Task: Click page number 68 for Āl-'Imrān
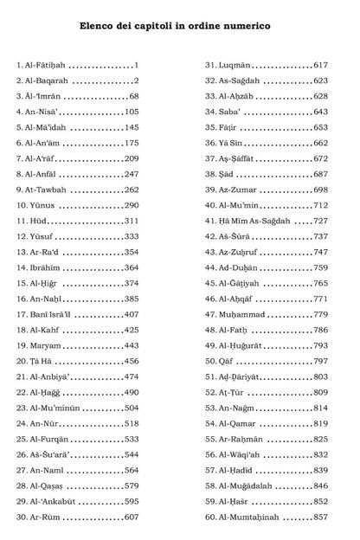[x=133, y=96]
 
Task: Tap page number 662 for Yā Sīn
[x=320, y=143]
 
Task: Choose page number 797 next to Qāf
[x=320, y=361]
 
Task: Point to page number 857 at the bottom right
[x=320, y=517]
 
